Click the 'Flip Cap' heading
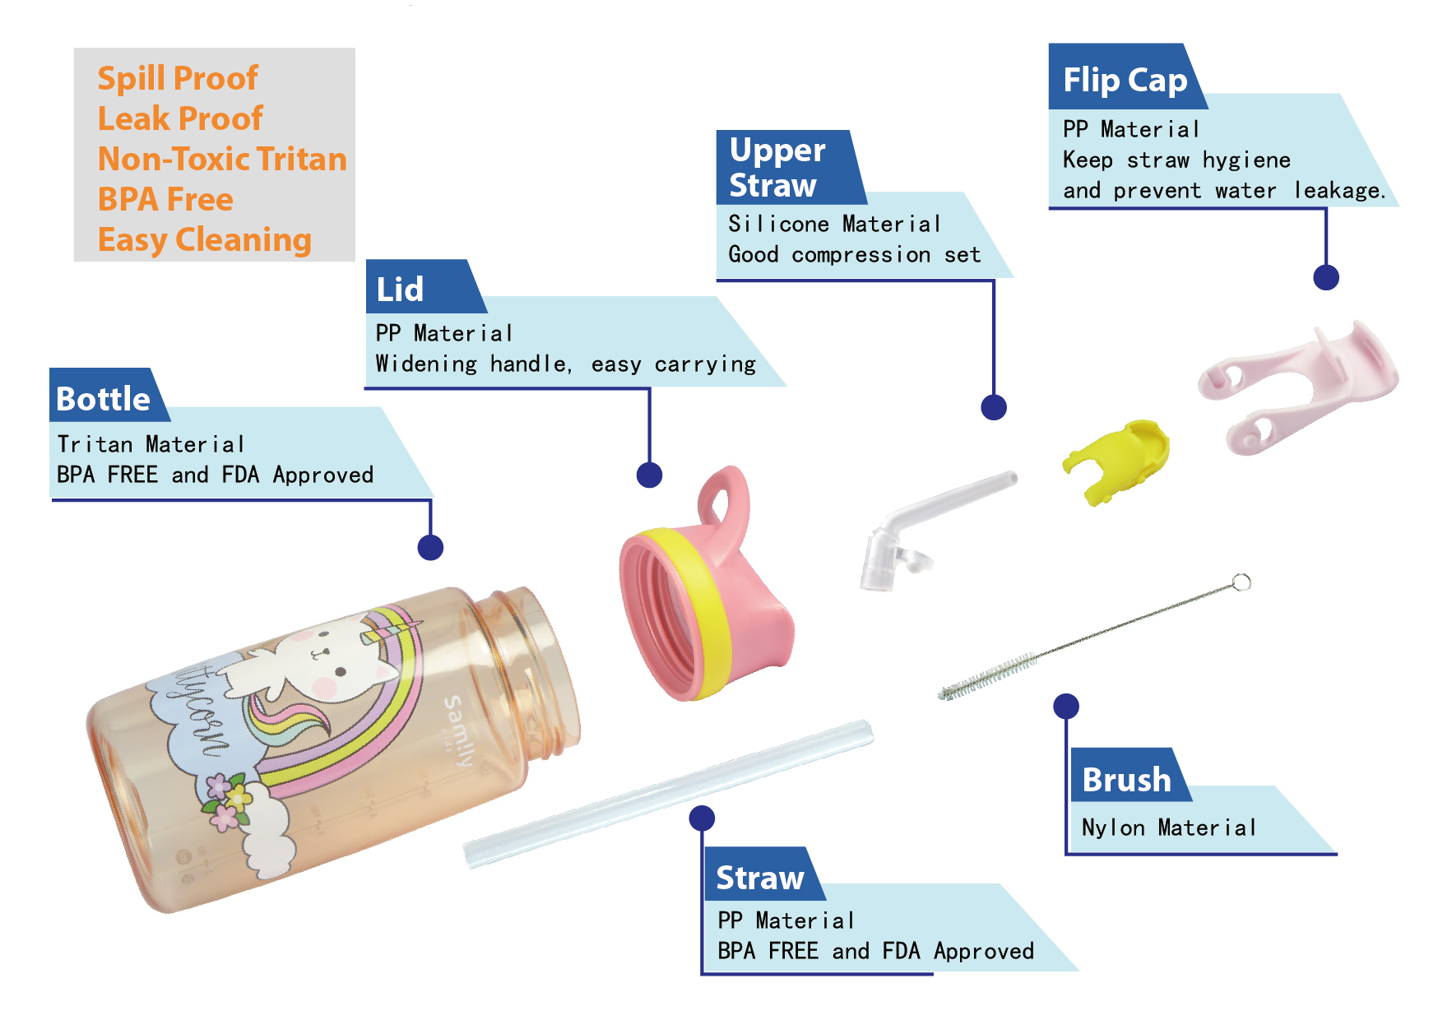pos(1125,80)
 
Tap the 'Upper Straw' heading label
pos(777,168)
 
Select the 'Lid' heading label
pos(401,290)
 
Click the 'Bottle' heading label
pos(104,399)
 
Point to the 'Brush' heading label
pos(1126,780)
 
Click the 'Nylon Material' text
pos(1168,828)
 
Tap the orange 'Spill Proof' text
pos(178,79)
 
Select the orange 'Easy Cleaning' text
pos(205,240)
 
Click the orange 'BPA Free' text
pos(165,200)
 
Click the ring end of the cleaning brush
pos(1241,582)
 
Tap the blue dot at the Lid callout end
pos(649,475)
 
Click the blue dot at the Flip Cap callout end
pos(1325,277)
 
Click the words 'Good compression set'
pos(854,255)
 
